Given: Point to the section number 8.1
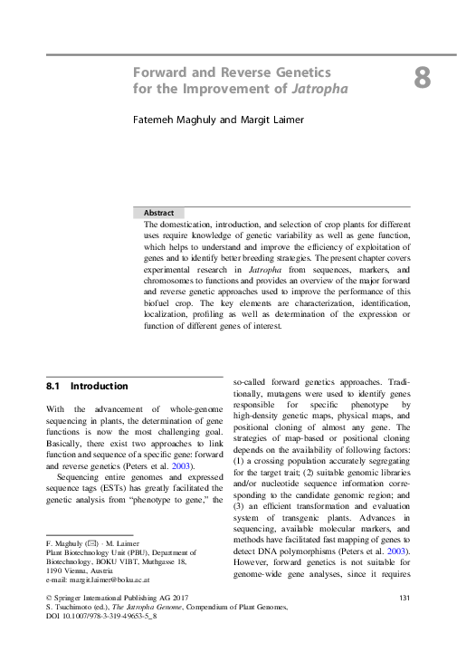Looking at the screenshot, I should point(53,386).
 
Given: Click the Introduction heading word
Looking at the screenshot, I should point(100,386).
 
